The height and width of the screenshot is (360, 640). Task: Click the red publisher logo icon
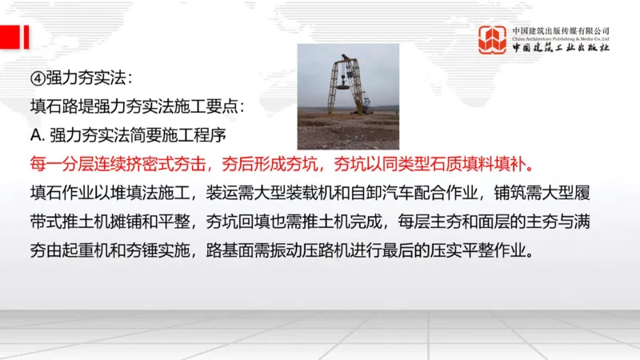click(x=493, y=39)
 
